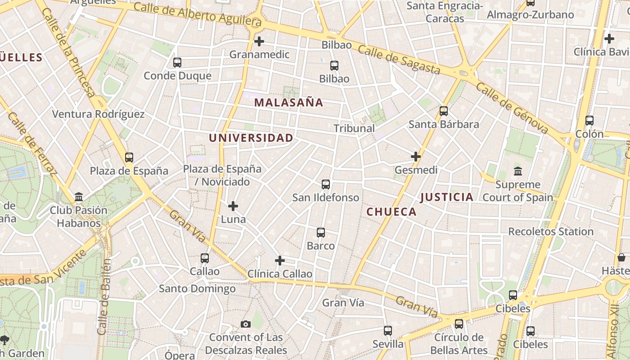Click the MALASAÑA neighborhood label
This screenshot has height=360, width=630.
coord(288,103)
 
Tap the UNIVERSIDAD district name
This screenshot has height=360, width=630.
coord(251,138)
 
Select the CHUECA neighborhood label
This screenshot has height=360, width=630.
coord(391,212)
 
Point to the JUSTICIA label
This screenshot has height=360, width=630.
coord(446,197)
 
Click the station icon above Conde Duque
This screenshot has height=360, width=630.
coord(177,63)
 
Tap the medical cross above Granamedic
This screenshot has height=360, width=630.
coord(259,41)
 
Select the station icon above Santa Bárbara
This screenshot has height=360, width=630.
coord(444,111)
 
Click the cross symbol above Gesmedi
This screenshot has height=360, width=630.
coord(416,157)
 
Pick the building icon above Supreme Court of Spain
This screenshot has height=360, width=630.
coord(517,171)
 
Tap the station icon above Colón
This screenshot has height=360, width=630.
coord(589,121)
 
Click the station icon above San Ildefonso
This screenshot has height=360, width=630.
coord(326,184)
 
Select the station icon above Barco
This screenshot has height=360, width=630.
coord(321,233)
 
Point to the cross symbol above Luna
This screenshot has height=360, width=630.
coord(233,206)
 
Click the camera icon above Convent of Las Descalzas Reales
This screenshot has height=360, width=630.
coord(246,324)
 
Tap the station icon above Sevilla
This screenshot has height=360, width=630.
coord(388,331)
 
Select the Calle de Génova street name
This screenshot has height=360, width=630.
coord(512,108)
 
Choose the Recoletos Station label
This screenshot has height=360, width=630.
coord(551,232)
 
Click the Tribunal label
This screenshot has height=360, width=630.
coord(354,128)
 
